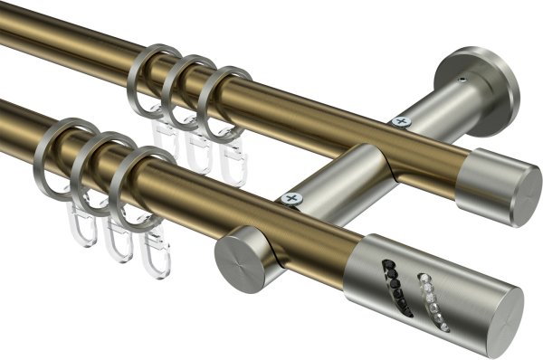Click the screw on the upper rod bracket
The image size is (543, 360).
(x=400, y=120)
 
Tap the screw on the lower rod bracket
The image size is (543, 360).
(x=291, y=198)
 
